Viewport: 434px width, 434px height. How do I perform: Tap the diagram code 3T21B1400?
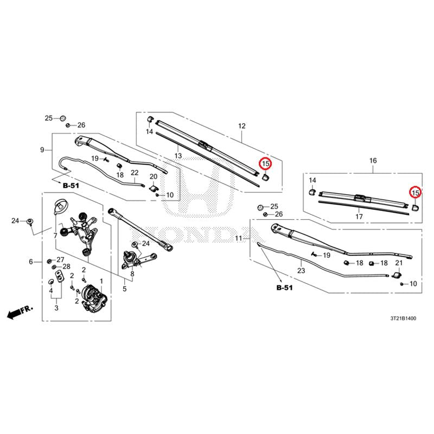(x=403, y=318)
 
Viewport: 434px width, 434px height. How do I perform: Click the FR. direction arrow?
(x=20, y=311)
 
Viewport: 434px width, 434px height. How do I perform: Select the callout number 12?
(x=242, y=126)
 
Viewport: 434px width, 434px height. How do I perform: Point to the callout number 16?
(x=373, y=161)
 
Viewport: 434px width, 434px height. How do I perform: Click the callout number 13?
(x=178, y=156)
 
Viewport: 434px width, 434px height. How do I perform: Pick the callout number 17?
(x=359, y=216)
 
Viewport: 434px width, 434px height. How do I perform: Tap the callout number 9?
(x=42, y=150)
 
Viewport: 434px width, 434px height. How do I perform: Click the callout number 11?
(x=239, y=238)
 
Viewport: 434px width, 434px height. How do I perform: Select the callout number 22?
(x=135, y=173)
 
